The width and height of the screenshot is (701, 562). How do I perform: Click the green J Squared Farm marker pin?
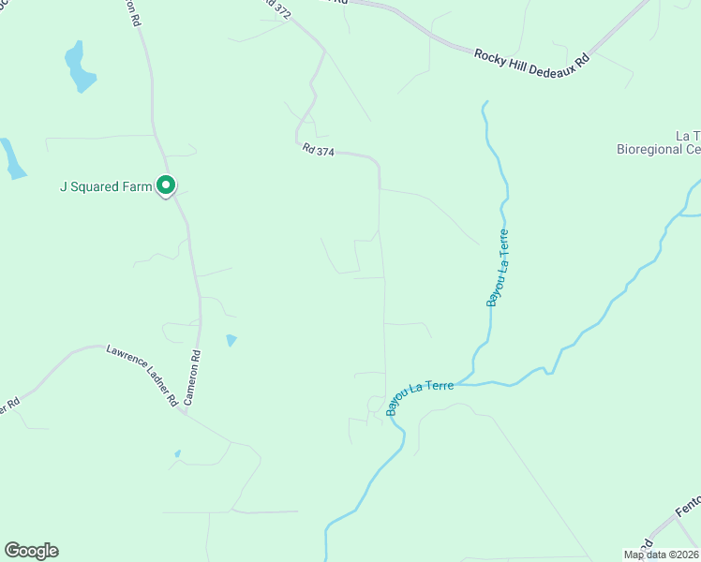pos(166,186)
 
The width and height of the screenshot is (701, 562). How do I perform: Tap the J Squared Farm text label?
pos(105,186)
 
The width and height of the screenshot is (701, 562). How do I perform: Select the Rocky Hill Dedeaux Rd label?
pos(530,57)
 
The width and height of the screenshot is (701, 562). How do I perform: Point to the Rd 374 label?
pos(319,149)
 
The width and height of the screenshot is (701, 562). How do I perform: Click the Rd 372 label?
pos(276,9)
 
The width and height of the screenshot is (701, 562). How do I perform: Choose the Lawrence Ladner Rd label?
pos(142,374)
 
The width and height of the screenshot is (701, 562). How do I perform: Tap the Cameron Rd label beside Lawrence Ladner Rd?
pos(192,377)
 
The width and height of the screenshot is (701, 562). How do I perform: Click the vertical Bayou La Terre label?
pos(498,267)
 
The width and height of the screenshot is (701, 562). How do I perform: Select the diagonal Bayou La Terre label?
pos(420,397)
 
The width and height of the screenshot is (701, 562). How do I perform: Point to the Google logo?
pos(31,551)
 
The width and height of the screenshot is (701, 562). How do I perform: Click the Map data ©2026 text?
pos(662,555)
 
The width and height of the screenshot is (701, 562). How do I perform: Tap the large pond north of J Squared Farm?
pos(79,68)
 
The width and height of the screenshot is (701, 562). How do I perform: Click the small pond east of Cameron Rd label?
pos(231,340)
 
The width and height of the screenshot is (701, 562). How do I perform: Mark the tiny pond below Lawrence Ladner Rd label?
pos(176,454)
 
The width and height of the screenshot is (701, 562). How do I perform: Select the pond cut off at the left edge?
pos(13,158)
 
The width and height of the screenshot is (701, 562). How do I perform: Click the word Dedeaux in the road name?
pos(554,58)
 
